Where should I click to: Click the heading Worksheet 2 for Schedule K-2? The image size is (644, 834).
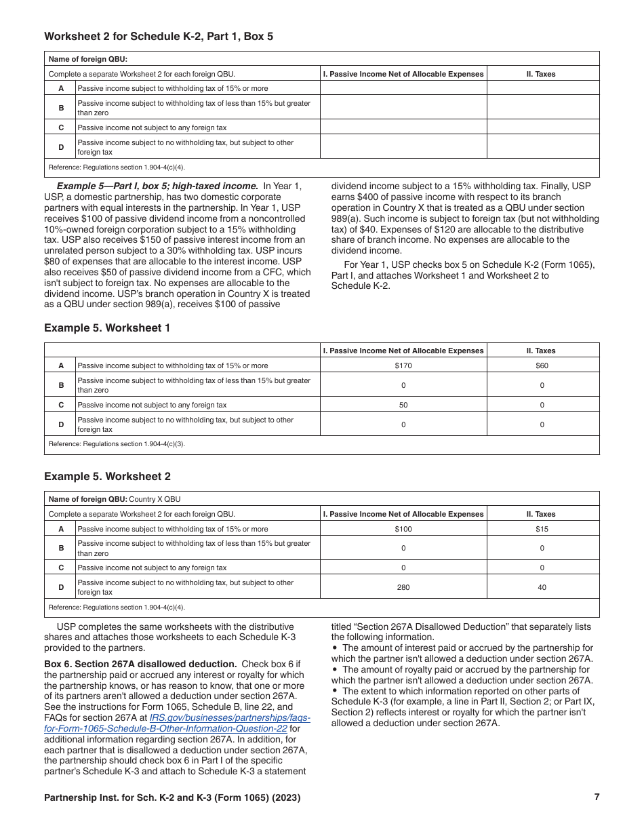159,37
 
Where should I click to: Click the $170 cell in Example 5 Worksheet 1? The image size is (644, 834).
403,365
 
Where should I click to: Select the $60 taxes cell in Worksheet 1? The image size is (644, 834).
542,365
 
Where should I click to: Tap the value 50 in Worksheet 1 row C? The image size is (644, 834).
403,405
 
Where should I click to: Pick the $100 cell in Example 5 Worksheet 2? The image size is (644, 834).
403,529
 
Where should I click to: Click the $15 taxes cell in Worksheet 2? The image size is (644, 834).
542,529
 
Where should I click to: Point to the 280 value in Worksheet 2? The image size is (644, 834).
403,587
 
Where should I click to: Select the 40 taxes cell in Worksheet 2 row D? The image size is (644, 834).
542,587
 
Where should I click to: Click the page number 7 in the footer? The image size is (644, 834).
597,797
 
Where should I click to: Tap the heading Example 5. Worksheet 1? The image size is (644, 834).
107,328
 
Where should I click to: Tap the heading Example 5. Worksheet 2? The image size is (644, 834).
107,477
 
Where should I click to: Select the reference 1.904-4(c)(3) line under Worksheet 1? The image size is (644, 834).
117,444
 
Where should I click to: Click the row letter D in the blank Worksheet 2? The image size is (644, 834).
61,147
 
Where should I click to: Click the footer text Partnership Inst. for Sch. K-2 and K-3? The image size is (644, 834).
172,798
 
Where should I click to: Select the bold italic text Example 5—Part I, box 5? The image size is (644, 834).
157,186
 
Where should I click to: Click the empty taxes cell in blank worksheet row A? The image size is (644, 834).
542,88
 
